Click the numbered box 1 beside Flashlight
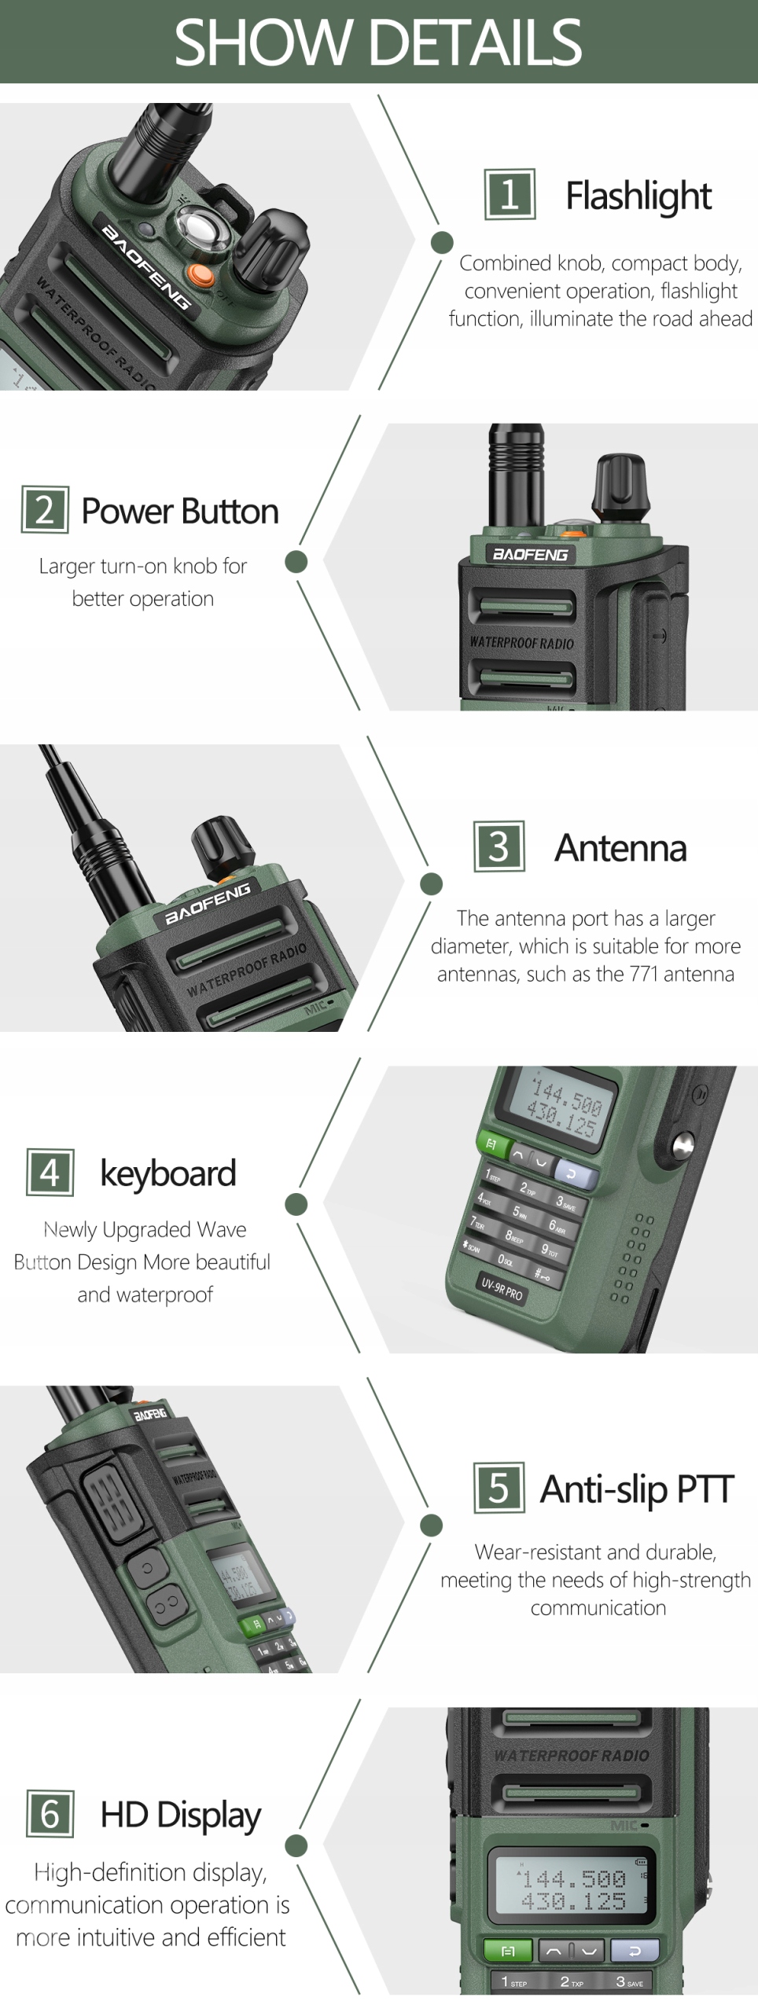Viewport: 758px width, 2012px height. point(510,194)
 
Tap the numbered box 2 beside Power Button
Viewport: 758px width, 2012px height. point(45,510)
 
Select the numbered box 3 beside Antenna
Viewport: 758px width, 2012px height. point(499,846)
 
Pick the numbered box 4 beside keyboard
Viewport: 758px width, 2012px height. point(50,1173)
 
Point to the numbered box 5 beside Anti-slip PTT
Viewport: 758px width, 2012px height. point(499,1488)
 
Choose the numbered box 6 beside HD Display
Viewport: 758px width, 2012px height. point(50,1814)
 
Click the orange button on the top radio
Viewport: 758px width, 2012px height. point(201,274)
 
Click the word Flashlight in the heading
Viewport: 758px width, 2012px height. point(638,196)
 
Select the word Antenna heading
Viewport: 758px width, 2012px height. point(620,848)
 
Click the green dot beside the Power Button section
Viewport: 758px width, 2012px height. point(296,561)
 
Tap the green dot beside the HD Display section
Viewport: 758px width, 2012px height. point(296,1845)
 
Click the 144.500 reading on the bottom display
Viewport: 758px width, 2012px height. point(574,1878)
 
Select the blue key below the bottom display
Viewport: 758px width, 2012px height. point(634,1951)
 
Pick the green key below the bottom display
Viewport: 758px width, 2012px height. point(507,1951)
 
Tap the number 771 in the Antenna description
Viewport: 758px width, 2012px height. point(644,974)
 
